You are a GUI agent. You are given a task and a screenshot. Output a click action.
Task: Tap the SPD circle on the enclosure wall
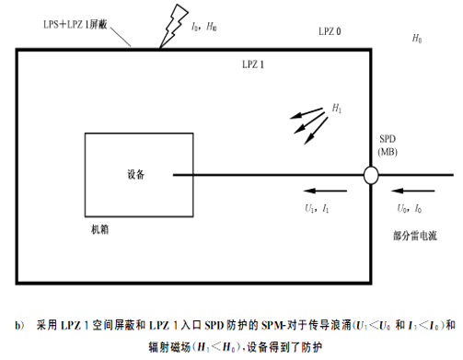pos(371,175)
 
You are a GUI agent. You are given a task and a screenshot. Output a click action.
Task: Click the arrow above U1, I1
pos(325,191)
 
